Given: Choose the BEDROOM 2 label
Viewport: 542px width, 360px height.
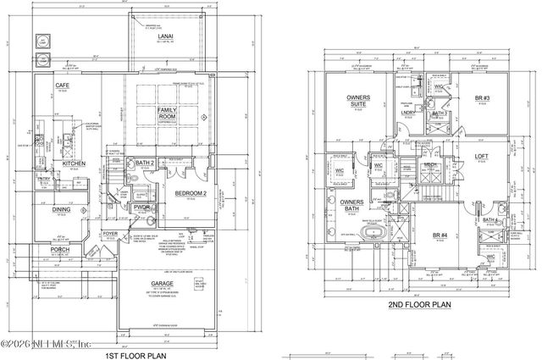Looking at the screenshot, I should click(x=193, y=193).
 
